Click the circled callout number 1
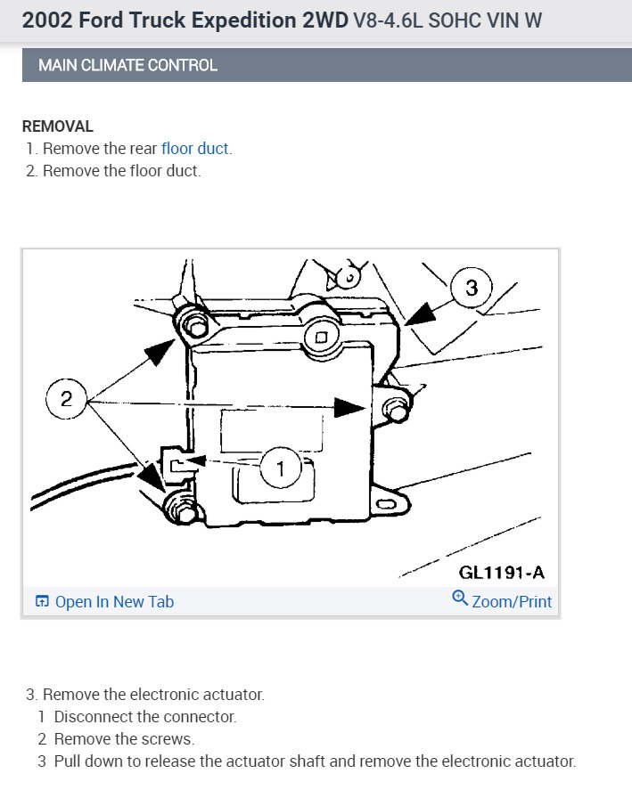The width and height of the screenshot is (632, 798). (x=282, y=468)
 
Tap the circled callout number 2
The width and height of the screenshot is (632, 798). (x=66, y=399)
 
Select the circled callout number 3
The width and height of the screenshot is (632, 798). (x=472, y=288)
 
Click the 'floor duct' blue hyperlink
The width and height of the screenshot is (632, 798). (x=195, y=149)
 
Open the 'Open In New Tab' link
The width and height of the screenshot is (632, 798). (x=113, y=602)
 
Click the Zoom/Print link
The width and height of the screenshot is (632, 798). (x=511, y=602)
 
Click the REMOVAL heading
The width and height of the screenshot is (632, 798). (x=57, y=126)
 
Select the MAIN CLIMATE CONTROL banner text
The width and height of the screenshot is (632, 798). (x=127, y=65)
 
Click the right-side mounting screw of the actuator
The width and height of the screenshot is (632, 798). (x=392, y=407)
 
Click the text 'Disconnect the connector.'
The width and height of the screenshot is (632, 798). (x=145, y=716)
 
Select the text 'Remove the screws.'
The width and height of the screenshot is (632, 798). (x=124, y=738)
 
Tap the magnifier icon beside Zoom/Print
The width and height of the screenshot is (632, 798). (x=460, y=599)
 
